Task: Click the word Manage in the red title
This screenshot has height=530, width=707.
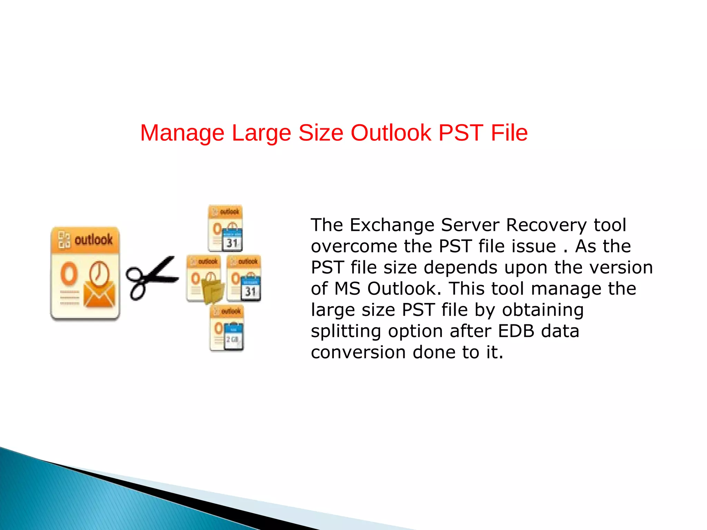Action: (x=182, y=133)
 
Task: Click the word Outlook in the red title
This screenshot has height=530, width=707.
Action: (x=391, y=133)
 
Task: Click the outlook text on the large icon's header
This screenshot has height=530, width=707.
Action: (x=93, y=239)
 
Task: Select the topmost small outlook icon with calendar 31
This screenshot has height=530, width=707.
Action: (x=225, y=228)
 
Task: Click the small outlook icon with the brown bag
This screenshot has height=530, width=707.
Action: (x=205, y=279)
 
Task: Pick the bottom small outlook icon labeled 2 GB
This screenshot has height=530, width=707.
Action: (x=227, y=328)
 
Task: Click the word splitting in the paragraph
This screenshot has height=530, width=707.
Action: (x=346, y=332)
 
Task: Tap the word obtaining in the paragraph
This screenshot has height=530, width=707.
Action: (x=543, y=310)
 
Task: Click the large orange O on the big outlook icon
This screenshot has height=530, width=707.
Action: (x=69, y=274)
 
